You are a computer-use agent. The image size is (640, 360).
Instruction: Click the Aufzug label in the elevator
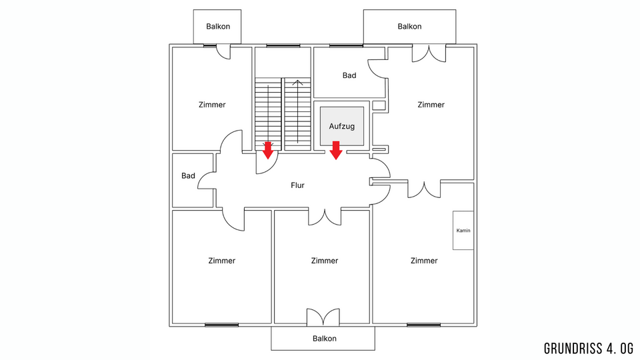pos(341,125)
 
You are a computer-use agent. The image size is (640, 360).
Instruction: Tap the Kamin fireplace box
pos(463,231)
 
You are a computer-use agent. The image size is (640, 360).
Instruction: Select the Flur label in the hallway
pos(297,185)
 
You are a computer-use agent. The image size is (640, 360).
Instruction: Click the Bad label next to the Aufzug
pos(349,75)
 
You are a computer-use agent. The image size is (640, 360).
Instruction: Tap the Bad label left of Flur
pos(188,176)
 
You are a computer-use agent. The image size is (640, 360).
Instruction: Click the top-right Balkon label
pos(409,27)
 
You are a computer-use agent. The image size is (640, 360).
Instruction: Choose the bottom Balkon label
pos(325,339)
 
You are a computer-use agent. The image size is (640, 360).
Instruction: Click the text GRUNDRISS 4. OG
pos(587,348)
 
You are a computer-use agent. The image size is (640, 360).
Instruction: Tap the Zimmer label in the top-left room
pos(212,105)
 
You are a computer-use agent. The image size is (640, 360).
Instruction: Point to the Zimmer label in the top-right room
pos(431,105)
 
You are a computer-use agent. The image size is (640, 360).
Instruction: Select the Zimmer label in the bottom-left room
pos(221,261)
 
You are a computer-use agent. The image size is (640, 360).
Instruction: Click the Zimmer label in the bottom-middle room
pos(325,261)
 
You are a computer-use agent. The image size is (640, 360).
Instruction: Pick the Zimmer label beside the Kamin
pos(424,261)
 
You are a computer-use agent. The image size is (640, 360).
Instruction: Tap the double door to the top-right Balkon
pos(429,53)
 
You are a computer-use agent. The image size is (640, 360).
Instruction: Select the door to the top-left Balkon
pos(224,51)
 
